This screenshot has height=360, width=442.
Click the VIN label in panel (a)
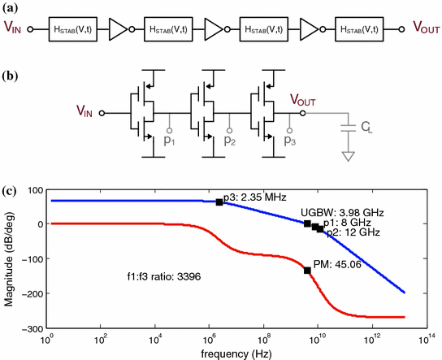[14, 30]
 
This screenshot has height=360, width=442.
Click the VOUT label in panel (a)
[419, 30]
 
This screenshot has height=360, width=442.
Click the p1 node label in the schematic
[171, 140]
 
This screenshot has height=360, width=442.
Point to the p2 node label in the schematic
[231, 140]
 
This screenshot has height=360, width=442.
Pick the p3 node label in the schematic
[290, 140]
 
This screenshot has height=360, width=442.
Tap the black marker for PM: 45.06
[308, 270]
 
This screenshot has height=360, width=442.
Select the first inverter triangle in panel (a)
[119, 30]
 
